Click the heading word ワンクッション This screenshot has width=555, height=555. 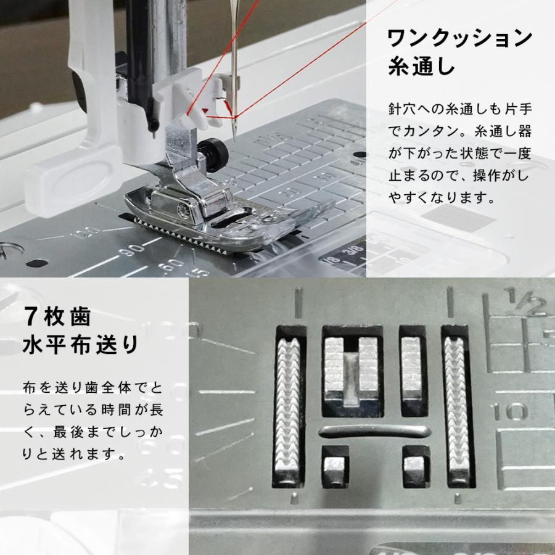click(x=459, y=39)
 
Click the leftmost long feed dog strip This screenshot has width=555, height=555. click(x=289, y=407)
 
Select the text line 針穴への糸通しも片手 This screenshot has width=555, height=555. click(x=460, y=110)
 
